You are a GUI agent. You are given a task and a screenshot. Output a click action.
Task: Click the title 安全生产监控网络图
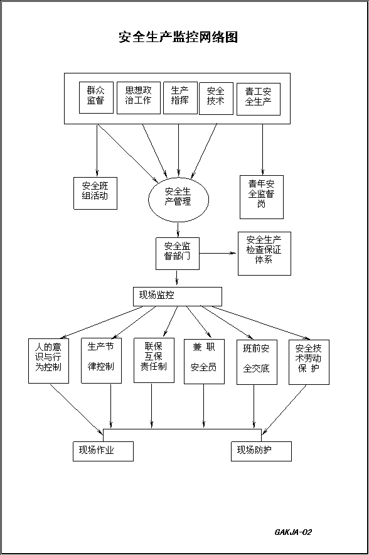[178, 37]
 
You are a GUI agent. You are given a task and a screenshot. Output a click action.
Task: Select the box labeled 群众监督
[96, 98]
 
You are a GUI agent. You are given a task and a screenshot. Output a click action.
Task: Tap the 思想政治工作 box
[139, 98]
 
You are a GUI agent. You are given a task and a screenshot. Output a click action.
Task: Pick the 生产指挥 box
[180, 98]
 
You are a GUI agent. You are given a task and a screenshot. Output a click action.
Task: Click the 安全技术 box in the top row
[216, 99]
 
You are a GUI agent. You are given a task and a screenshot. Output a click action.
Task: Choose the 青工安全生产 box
[259, 99]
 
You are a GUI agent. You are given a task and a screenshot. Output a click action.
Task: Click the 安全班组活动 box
[95, 193]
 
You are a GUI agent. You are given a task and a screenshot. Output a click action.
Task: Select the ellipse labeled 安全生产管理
[178, 199]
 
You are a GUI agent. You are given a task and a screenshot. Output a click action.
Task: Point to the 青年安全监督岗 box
[262, 197]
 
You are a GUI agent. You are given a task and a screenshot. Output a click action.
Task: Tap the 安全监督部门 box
[178, 254]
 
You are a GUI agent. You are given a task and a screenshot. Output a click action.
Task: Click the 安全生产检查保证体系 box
[264, 254]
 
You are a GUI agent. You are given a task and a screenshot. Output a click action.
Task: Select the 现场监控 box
[178, 296]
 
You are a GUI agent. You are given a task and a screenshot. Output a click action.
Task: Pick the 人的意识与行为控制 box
[48, 361]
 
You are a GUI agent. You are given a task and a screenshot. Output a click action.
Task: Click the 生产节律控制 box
[101, 360]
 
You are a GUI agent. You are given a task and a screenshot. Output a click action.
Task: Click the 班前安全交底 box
[257, 362]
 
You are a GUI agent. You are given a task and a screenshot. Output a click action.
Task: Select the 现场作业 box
[104, 451]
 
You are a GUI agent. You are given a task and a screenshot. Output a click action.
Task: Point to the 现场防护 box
[262, 451]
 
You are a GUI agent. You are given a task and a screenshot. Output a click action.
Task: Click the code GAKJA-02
[293, 532]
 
